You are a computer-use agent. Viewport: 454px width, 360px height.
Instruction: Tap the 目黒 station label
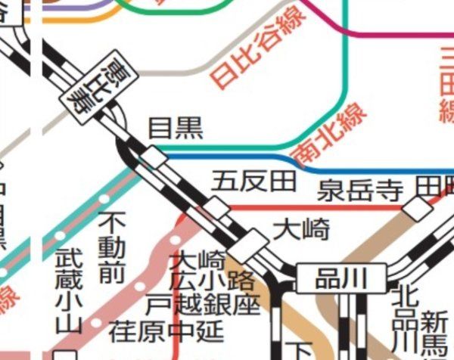click(x=175, y=129)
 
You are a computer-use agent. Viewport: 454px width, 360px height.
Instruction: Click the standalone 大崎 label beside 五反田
click(x=300, y=228)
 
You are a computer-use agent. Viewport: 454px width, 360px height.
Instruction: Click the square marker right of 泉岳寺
click(x=416, y=209)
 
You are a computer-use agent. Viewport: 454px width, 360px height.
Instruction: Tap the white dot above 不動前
click(x=104, y=198)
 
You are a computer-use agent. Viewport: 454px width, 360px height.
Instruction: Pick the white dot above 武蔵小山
click(x=60, y=235)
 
